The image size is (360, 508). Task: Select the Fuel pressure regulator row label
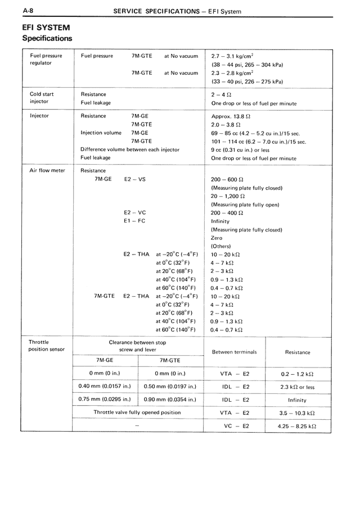45,59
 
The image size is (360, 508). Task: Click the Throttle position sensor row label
46,345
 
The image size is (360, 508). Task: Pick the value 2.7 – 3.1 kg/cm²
232,56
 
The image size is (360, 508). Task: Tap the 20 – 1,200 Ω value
228,196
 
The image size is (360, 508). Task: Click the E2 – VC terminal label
134,212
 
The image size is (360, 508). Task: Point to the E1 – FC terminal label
134,221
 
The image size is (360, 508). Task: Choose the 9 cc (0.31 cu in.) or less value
240,149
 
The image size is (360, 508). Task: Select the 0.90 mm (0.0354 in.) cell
170,400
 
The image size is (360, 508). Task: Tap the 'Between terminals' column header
234,352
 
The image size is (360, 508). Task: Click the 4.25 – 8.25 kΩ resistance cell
297,426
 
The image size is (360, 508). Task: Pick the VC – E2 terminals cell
236,426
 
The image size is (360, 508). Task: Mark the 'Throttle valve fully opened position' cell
137,412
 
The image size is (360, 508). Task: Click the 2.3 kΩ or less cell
297,387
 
